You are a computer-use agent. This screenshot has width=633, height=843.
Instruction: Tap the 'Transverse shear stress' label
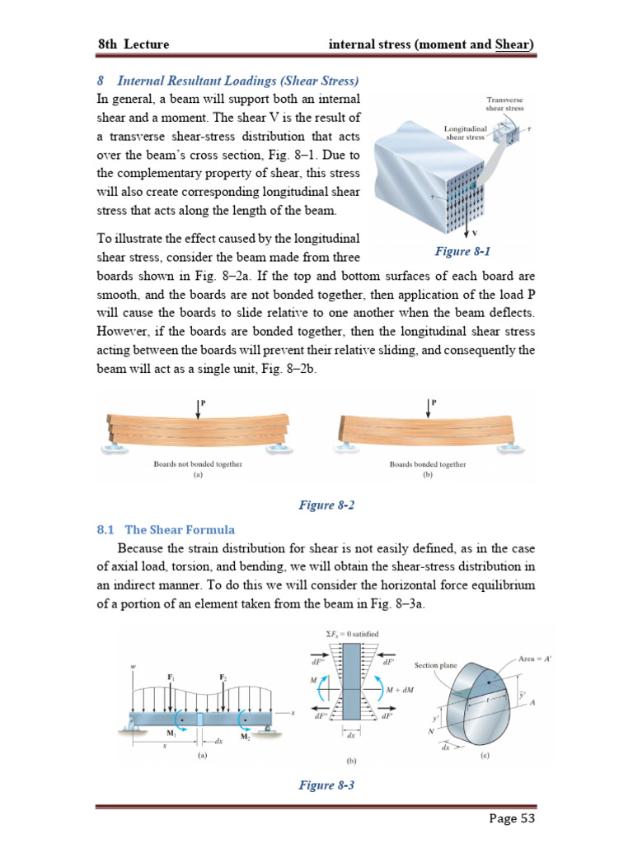[504, 104]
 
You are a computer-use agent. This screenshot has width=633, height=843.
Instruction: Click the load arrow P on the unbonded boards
[198, 406]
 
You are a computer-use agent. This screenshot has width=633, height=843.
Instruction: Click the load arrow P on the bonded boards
[429, 406]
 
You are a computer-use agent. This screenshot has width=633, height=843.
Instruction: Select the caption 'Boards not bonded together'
[198, 464]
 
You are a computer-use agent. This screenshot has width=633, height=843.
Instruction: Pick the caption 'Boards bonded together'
[427, 464]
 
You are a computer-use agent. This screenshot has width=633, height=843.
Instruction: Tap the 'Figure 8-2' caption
[326, 505]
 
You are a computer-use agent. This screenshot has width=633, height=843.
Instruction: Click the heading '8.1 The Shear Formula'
[166, 529]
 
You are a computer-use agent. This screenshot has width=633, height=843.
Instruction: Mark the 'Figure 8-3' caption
[326, 785]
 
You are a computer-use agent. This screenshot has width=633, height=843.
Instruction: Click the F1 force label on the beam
[171, 677]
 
